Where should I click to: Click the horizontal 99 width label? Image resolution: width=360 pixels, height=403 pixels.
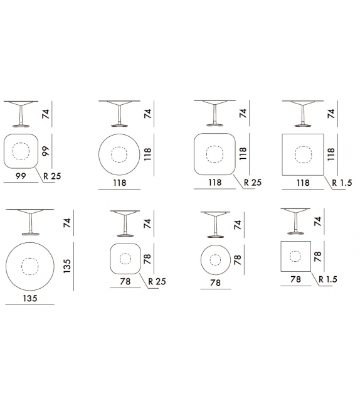[21, 178]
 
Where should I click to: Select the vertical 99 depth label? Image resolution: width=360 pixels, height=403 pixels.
[45, 151]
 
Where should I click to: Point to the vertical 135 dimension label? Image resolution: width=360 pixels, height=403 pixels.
[67, 266]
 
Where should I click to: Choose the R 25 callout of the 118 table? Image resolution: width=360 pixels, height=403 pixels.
[252, 183]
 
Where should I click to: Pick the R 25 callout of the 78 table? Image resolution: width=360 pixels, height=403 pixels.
[157, 282]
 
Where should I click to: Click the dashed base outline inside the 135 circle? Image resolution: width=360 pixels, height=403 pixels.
[29, 266]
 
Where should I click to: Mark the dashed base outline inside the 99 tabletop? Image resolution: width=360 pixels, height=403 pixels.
[21, 151]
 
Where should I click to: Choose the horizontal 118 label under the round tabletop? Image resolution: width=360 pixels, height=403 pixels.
[120, 183]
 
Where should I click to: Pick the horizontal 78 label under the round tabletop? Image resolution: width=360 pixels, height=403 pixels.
[215, 283]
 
